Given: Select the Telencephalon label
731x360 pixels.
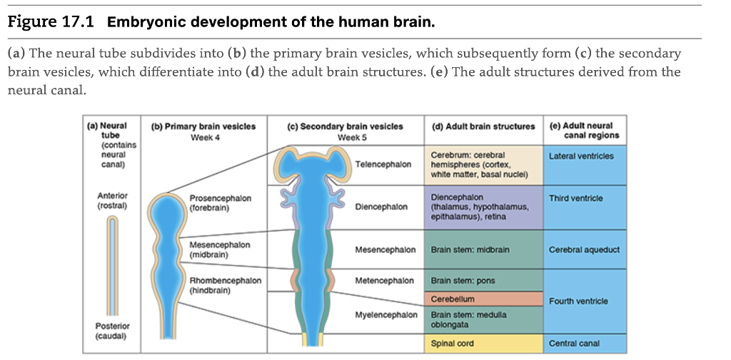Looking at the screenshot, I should point(383,164).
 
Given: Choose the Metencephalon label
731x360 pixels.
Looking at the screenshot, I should point(385,281).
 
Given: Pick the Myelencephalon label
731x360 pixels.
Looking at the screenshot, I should point(386,315).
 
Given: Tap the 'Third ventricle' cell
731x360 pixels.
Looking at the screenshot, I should point(576,198).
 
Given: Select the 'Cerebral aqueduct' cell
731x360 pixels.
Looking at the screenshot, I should point(584,250).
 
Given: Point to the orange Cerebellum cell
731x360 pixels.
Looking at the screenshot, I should point(453,299).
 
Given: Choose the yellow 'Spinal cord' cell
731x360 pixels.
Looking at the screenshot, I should point(453,344).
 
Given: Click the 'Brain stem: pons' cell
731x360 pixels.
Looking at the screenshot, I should point(458,281).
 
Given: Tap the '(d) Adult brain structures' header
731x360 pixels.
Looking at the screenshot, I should point(483,126).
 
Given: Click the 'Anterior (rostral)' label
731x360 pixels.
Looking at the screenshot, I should point(112,200).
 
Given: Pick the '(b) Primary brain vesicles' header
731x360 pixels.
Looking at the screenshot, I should point(203,126).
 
